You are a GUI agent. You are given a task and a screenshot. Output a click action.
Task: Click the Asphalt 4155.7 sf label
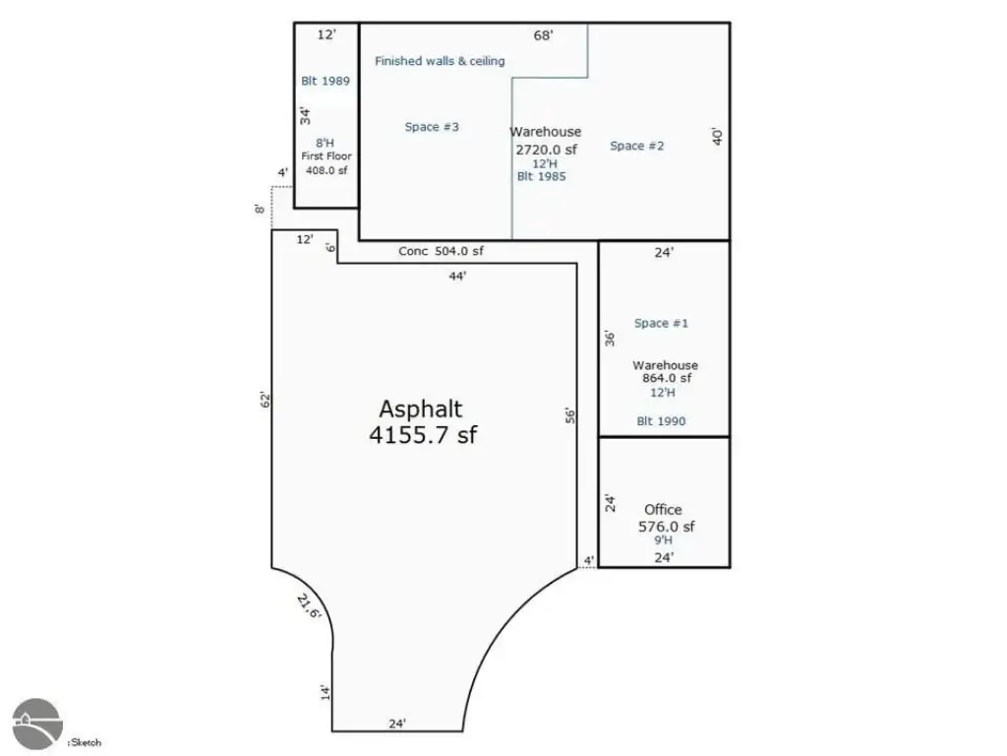coord(423,421)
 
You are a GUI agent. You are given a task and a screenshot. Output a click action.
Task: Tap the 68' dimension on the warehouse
coord(543,35)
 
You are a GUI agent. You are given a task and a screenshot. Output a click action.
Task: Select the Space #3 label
coord(432,127)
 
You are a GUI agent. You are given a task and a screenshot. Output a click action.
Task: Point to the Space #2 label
coord(636,146)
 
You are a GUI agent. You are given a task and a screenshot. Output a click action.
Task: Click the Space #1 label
coord(661,323)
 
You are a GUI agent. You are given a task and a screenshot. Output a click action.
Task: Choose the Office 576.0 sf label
coord(666,518)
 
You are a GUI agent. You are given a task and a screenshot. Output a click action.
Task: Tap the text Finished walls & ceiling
coord(440,61)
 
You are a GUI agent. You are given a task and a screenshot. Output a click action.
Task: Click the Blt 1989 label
coord(326,81)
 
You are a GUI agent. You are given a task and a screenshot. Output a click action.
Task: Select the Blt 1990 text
coord(661,421)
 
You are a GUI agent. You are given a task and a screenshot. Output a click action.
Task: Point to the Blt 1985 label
coord(542,176)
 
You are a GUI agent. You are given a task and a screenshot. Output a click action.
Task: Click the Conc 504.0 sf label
coord(441,251)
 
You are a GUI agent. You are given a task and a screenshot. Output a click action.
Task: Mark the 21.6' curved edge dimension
coord(309,606)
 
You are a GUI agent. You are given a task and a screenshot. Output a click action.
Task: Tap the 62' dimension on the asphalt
coord(266,400)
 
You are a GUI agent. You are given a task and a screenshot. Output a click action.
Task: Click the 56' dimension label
coord(570,416)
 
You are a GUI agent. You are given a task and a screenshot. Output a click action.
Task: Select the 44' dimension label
coord(457,276)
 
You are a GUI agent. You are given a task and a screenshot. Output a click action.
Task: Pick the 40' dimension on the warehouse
coord(717,136)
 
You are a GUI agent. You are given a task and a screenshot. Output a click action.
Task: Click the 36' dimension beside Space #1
coord(610,339)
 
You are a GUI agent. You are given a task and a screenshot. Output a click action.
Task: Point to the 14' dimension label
coord(326,692)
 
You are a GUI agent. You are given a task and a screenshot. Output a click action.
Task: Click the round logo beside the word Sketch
coord(37,724)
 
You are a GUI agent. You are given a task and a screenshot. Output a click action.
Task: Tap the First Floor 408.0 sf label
coord(326,163)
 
